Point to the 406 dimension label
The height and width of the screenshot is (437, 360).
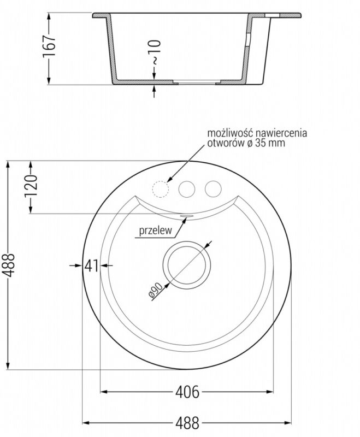[187, 392]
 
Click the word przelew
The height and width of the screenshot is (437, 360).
[156, 231]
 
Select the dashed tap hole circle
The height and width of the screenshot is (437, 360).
[160, 188]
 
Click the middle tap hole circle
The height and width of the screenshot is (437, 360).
[187, 188]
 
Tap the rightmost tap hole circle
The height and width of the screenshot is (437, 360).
[213, 188]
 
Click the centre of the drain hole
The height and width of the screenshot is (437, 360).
[187, 265]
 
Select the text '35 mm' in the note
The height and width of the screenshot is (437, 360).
[273, 143]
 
